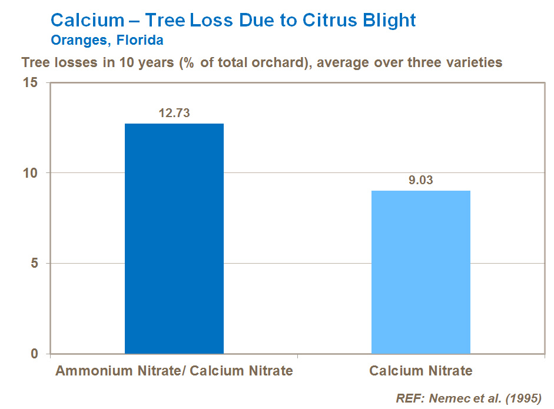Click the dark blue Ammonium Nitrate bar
click(174, 238)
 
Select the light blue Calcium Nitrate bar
click(421, 272)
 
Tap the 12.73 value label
click(174, 113)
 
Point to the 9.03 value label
click(421, 180)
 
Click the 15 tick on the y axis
click(32, 83)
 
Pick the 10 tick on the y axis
click(32, 173)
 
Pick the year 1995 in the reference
click(522, 398)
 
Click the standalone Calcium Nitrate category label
click(421, 371)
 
